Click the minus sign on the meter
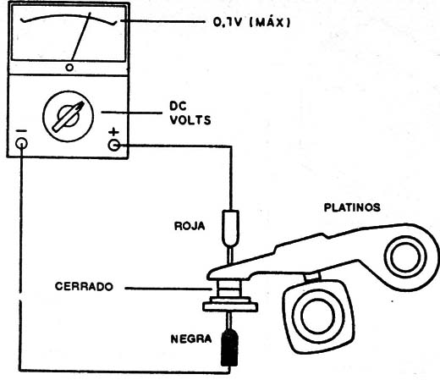coord(21,129)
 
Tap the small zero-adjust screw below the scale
coord(69,66)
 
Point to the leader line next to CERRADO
coord(166,287)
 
